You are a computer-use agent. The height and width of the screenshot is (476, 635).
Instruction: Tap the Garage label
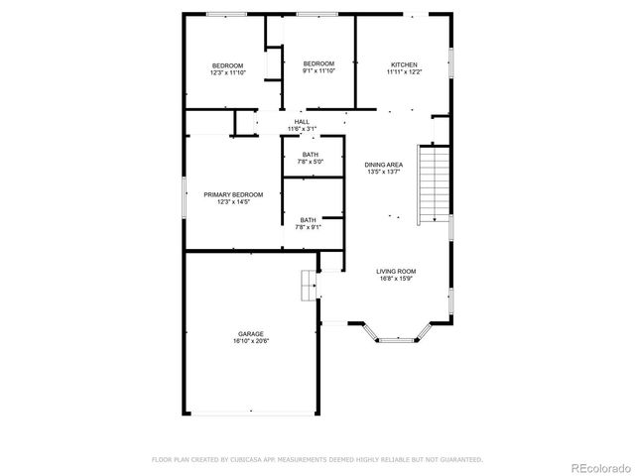coord(250,333)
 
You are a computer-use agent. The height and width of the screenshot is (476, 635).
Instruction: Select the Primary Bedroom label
coord(233,194)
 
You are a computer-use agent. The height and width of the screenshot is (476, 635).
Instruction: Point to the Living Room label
coord(395,271)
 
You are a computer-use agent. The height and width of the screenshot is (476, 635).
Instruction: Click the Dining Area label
coord(383,164)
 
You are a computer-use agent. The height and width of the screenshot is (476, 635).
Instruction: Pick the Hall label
coord(301,122)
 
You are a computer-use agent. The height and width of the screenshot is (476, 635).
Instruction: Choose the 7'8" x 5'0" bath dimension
coord(310,162)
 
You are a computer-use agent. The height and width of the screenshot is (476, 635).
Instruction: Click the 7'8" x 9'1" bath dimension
coord(310,227)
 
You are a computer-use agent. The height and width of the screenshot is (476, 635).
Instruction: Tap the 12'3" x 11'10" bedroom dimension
coord(227,72)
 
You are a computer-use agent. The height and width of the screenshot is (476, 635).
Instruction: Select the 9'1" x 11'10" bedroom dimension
coord(318,71)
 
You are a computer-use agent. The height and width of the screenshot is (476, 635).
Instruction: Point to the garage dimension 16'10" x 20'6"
coord(250,341)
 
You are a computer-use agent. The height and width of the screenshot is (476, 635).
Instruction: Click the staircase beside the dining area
coord(433,183)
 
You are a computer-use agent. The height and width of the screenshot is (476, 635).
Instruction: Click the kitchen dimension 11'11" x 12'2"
coord(404,72)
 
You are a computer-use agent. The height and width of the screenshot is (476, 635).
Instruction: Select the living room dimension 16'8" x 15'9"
coord(395,279)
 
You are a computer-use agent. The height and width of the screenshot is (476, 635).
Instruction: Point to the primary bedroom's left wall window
coord(185,194)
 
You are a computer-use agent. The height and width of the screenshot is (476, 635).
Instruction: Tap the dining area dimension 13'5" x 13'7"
coord(383,172)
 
